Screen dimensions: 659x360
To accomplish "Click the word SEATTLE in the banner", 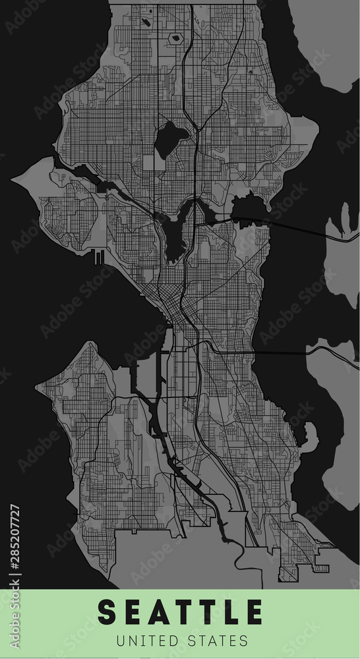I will [180, 612].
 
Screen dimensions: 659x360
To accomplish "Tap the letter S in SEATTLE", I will [106, 612].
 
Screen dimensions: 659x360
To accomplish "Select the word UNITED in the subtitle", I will [145, 640].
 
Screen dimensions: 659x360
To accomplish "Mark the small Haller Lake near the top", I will [175, 38].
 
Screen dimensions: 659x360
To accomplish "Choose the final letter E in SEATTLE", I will [255, 612].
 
